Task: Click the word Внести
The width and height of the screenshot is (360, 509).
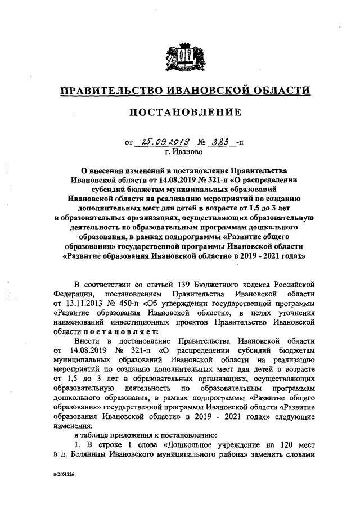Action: tap(88, 341)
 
